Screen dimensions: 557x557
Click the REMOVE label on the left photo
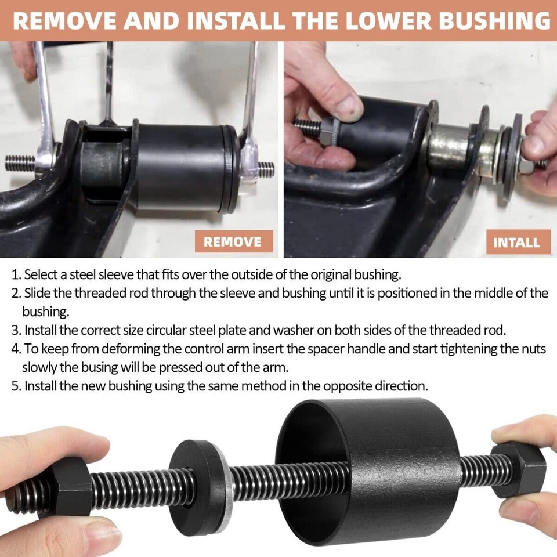232,241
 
